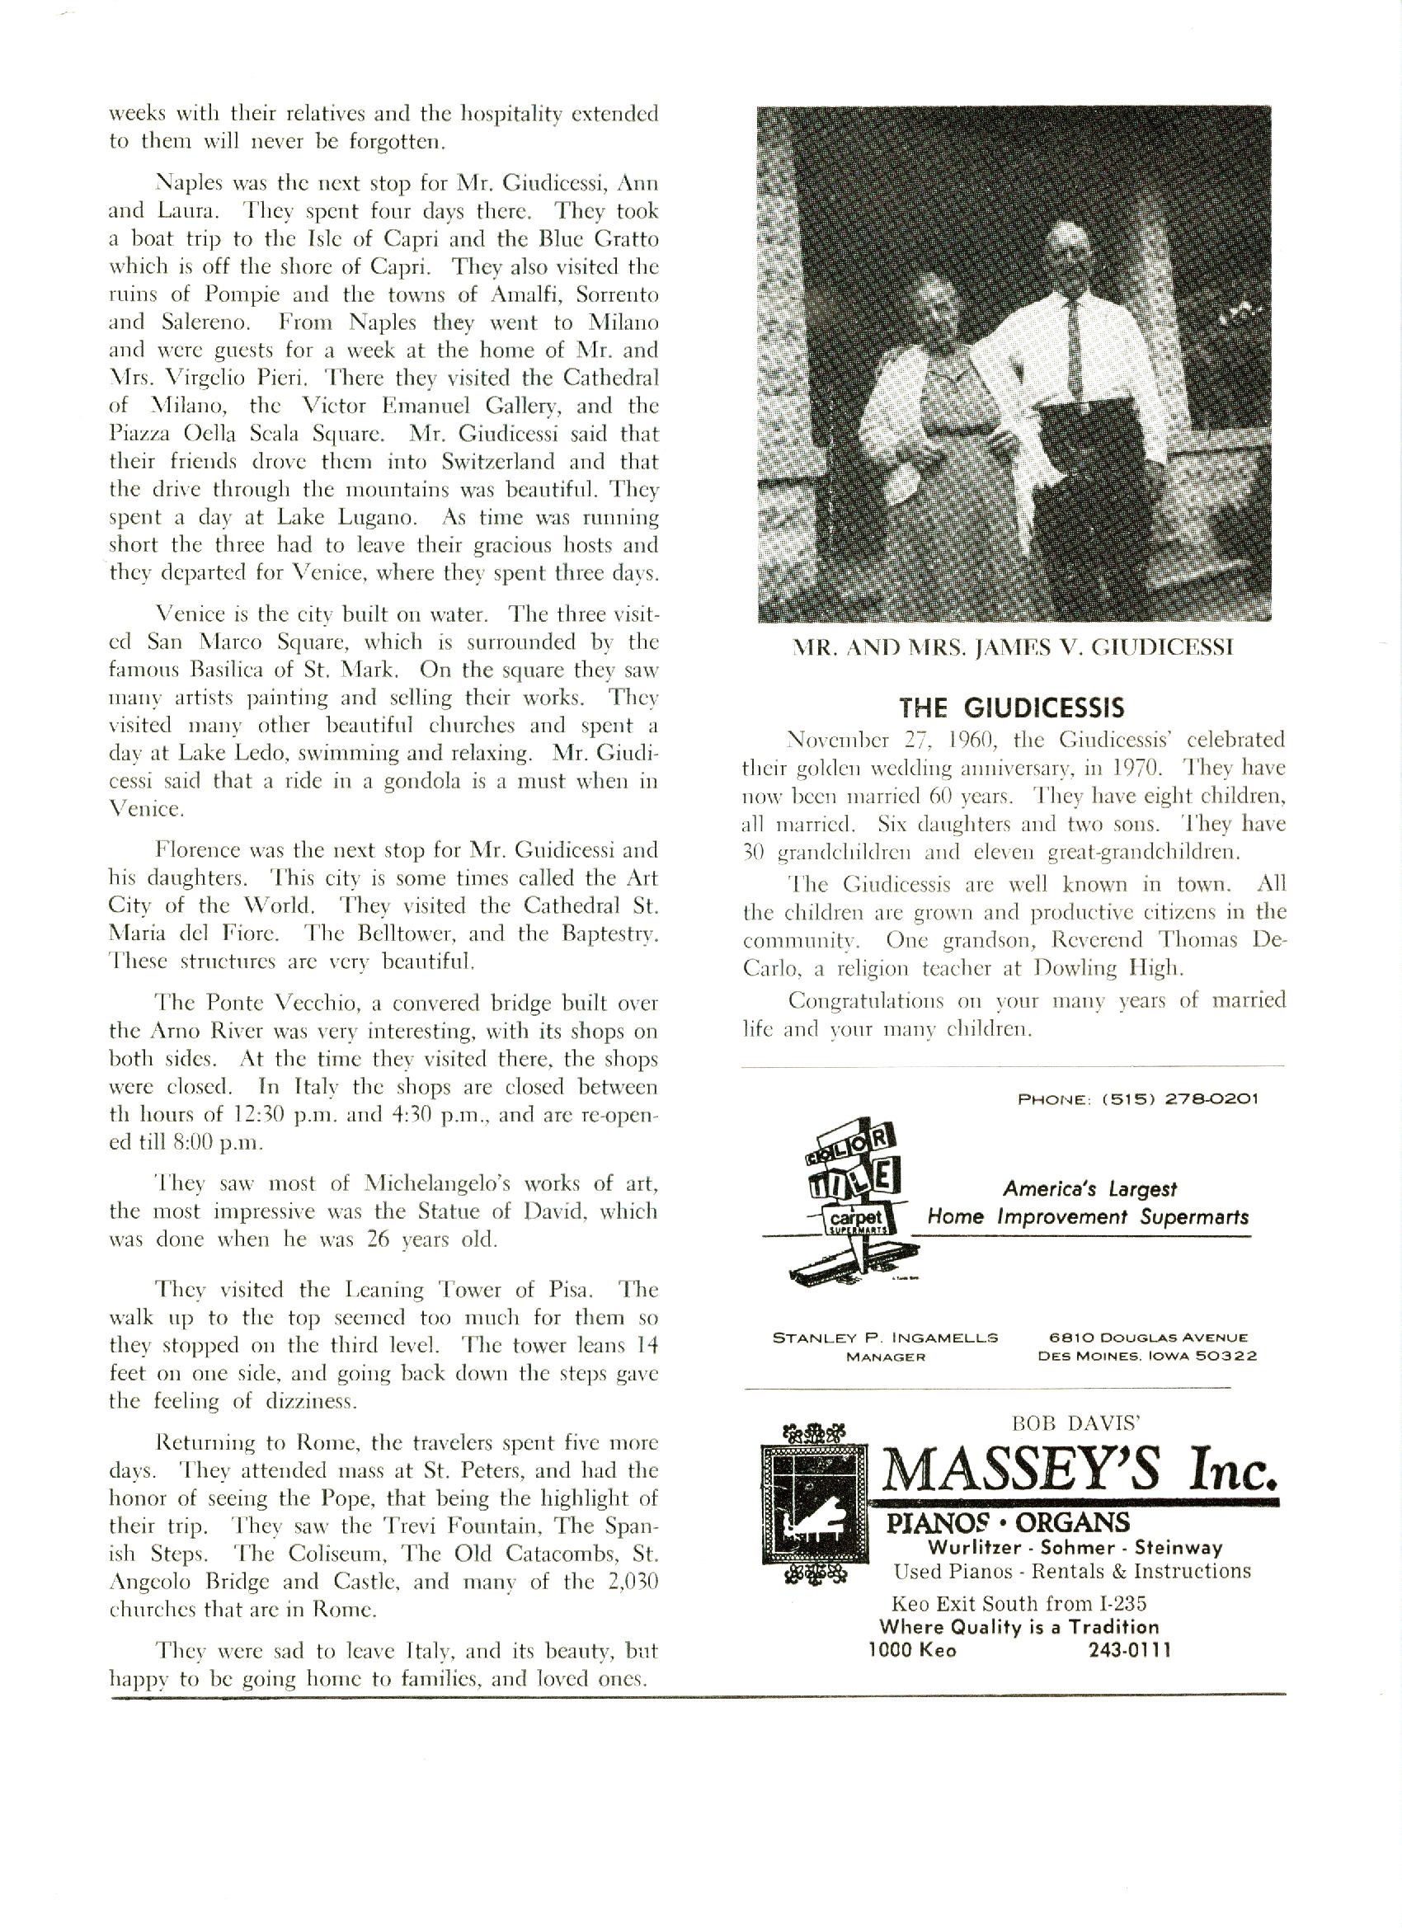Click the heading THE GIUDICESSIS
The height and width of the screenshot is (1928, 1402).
click(x=1012, y=708)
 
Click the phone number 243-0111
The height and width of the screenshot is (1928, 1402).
click(x=1130, y=1650)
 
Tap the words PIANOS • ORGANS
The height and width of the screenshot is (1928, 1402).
click(x=1009, y=1521)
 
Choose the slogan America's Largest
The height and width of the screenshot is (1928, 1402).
click(x=1090, y=1188)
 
